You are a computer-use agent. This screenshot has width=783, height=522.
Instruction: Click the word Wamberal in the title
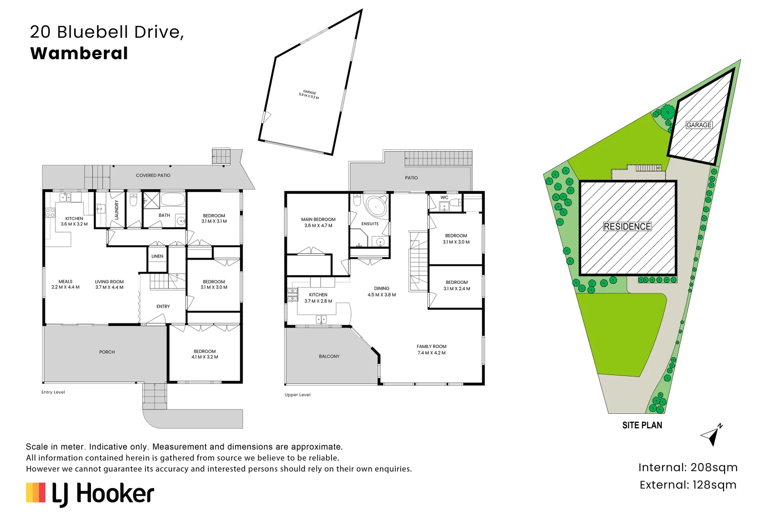[x=79, y=53]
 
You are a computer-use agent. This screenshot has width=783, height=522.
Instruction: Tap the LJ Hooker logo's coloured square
[x=36, y=493]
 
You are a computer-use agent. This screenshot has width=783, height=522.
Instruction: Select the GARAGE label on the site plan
[x=699, y=125]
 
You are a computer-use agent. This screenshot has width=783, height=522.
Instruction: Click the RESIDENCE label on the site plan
[x=627, y=227]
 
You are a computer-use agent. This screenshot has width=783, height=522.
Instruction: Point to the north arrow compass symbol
[x=711, y=435]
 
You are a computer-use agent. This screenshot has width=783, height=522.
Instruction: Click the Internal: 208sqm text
[x=688, y=467]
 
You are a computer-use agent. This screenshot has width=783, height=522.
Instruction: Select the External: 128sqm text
[x=688, y=485]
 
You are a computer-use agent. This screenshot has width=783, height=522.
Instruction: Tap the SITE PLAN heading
[x=642, y=425]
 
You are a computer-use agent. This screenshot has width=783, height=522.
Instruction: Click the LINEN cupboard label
[x=157, y=256]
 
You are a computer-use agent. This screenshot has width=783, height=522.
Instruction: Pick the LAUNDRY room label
[x=116, y=210]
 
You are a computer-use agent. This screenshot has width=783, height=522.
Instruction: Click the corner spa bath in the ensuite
[x=376, y=206]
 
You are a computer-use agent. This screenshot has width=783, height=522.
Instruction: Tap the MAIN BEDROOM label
[x=318, y=219]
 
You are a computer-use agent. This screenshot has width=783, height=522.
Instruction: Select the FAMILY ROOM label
[x=432, y=347]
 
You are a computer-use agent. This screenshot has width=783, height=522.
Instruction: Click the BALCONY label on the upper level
[x=329, y=356]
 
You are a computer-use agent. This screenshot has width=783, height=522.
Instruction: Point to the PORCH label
[x=107, y=352]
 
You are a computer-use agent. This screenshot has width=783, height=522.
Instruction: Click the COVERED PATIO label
[x=153, y=175]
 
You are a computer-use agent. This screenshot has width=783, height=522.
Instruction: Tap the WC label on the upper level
[x=444, y=197]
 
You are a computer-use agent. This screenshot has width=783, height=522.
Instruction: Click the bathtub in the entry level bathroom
[x=172, y=200]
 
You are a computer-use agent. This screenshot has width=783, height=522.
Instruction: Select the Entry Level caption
[x=53, y=392]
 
